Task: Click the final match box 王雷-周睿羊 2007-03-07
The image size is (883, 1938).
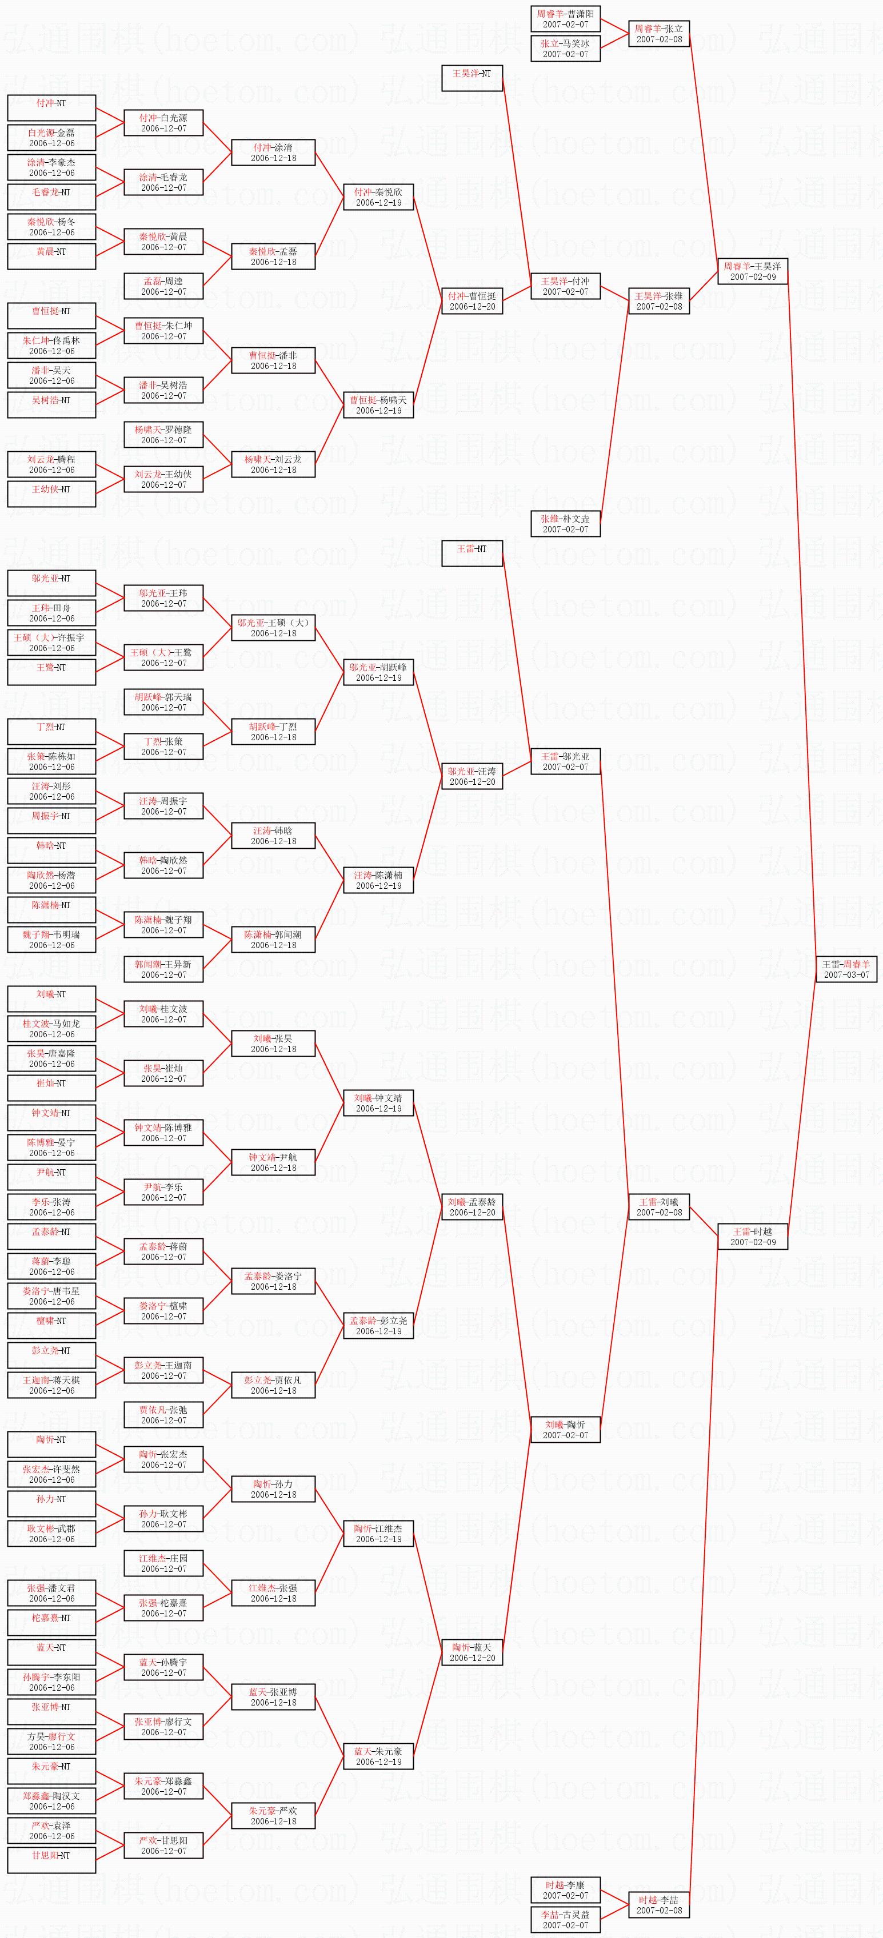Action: [846, 969]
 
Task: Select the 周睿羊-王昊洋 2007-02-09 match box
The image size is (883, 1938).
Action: [752, 271]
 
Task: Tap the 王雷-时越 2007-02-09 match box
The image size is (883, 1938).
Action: [752, 1237]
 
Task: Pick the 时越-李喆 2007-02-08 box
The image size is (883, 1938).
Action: [658, 1905]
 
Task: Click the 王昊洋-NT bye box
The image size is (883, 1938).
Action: [472, 78]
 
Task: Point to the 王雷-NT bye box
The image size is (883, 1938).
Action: [472, 553]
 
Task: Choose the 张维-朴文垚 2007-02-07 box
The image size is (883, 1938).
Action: [565, 524]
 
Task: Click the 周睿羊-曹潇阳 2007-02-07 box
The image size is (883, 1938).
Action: [565, 19]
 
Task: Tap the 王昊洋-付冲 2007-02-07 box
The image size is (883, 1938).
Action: [565, 287]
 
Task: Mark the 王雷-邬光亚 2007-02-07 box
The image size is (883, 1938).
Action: [565, 761]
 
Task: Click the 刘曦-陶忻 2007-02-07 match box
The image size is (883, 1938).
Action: [565, 1430]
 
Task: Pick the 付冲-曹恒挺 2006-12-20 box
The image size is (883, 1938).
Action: [472, 301]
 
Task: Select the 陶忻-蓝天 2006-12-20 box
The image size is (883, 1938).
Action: [472, 1652]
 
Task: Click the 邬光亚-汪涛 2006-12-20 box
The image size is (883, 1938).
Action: [472, 776]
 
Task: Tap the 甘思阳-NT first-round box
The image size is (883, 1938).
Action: [51, 1860]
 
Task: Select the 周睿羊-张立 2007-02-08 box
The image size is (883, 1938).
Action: [658, 34]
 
